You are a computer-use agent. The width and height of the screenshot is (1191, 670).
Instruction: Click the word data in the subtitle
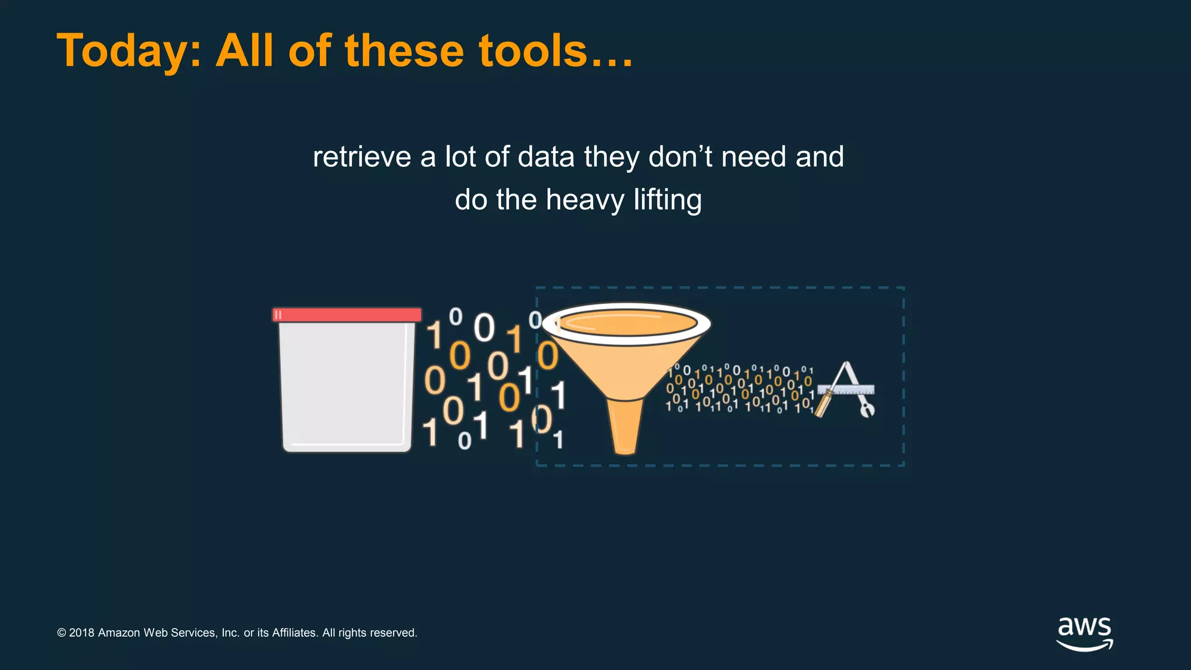[547, 157]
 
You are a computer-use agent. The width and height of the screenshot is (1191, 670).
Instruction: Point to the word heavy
[584, 200]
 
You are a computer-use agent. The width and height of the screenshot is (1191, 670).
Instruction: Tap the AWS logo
[1085, 633]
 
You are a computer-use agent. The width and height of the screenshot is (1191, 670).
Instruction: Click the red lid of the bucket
[347, 315]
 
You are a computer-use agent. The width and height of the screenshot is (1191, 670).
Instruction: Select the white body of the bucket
[347, 384]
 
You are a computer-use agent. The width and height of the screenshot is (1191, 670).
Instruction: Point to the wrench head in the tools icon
[867, 410]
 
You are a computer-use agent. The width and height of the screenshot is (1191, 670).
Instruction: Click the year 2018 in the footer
[81, 633]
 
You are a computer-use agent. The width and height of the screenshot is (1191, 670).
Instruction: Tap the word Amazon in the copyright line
[119, 633]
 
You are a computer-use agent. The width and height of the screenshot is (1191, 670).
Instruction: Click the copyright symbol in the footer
[62, 633]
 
